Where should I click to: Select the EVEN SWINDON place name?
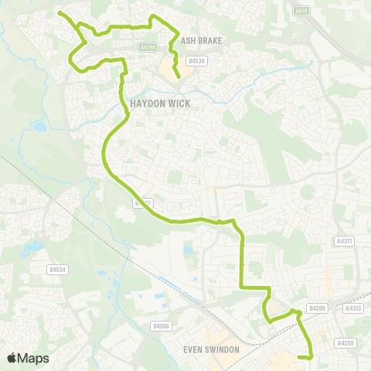211,349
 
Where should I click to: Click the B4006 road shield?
160,326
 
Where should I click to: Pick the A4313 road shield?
353,308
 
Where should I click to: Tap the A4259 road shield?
345,342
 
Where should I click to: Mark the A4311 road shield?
344,242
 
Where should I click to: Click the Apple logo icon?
12,358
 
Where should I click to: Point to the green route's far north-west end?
60,12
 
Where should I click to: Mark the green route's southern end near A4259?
310,357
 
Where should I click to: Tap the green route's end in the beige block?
179,77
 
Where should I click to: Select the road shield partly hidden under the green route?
140,203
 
